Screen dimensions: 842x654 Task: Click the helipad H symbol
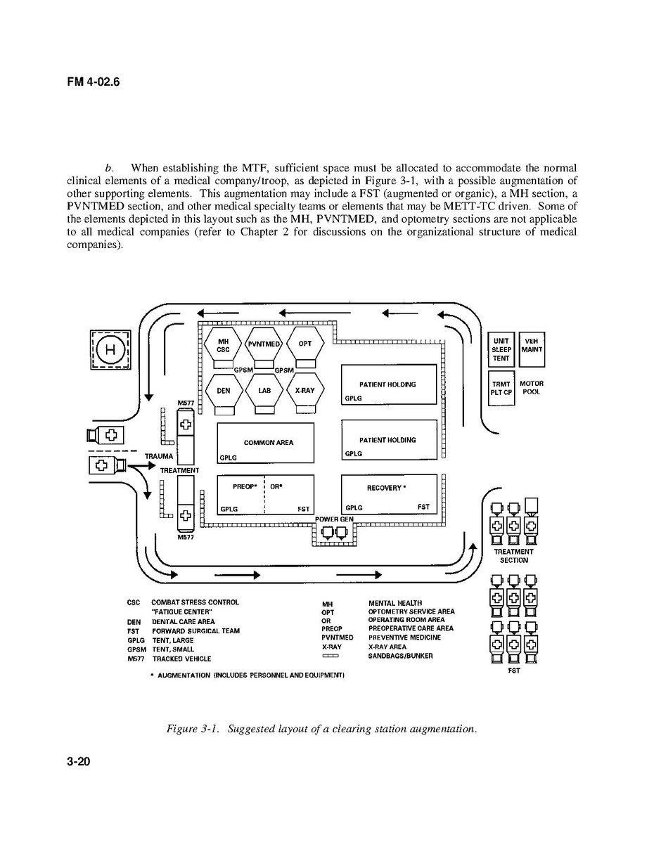(109, 349)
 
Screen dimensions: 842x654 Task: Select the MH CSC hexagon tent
(224, 345)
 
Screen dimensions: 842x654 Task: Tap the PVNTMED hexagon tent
(264, 344)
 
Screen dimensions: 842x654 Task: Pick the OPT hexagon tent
(305, 344)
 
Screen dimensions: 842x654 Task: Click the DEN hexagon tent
(224, 391)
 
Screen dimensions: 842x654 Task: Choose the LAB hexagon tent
(264, 391)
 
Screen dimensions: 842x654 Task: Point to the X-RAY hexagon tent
(305, 391)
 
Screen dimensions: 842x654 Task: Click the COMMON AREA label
(269, 443)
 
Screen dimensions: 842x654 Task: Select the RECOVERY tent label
(386, 488)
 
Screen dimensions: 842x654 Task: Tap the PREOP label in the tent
(243, 486)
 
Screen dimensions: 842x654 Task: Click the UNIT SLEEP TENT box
(501, 350)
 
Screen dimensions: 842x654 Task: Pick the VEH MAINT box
(532, 345)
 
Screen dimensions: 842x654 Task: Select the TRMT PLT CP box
(501, 388)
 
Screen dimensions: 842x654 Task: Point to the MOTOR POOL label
(532, 388)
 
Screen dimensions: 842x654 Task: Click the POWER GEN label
(335, 519)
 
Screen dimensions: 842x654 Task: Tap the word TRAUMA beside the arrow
(159, 456)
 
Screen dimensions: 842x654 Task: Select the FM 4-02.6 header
(94, 82)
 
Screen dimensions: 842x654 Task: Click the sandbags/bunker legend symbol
(331, 656)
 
